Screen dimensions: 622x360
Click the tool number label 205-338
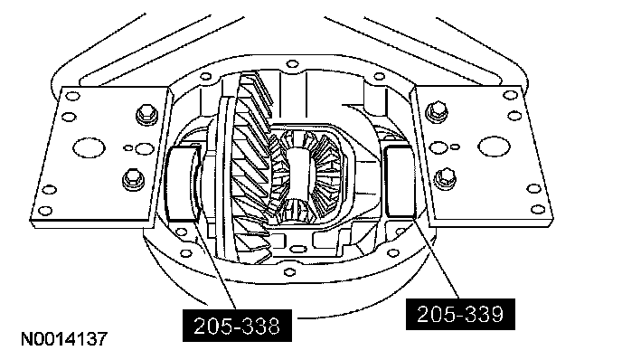[237, 326]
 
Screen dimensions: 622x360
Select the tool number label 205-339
[460, 314]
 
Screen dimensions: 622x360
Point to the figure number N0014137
[64, 339]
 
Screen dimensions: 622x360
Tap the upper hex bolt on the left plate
[146, 114]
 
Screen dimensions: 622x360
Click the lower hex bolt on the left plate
[133, 179]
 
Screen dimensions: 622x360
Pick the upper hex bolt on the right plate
[437, 111]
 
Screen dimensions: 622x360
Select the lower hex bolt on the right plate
[445, 178]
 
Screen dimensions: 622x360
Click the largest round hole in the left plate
[89, 147]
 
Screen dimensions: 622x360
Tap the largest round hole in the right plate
[494, 146]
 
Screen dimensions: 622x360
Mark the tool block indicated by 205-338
[181, 183]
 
